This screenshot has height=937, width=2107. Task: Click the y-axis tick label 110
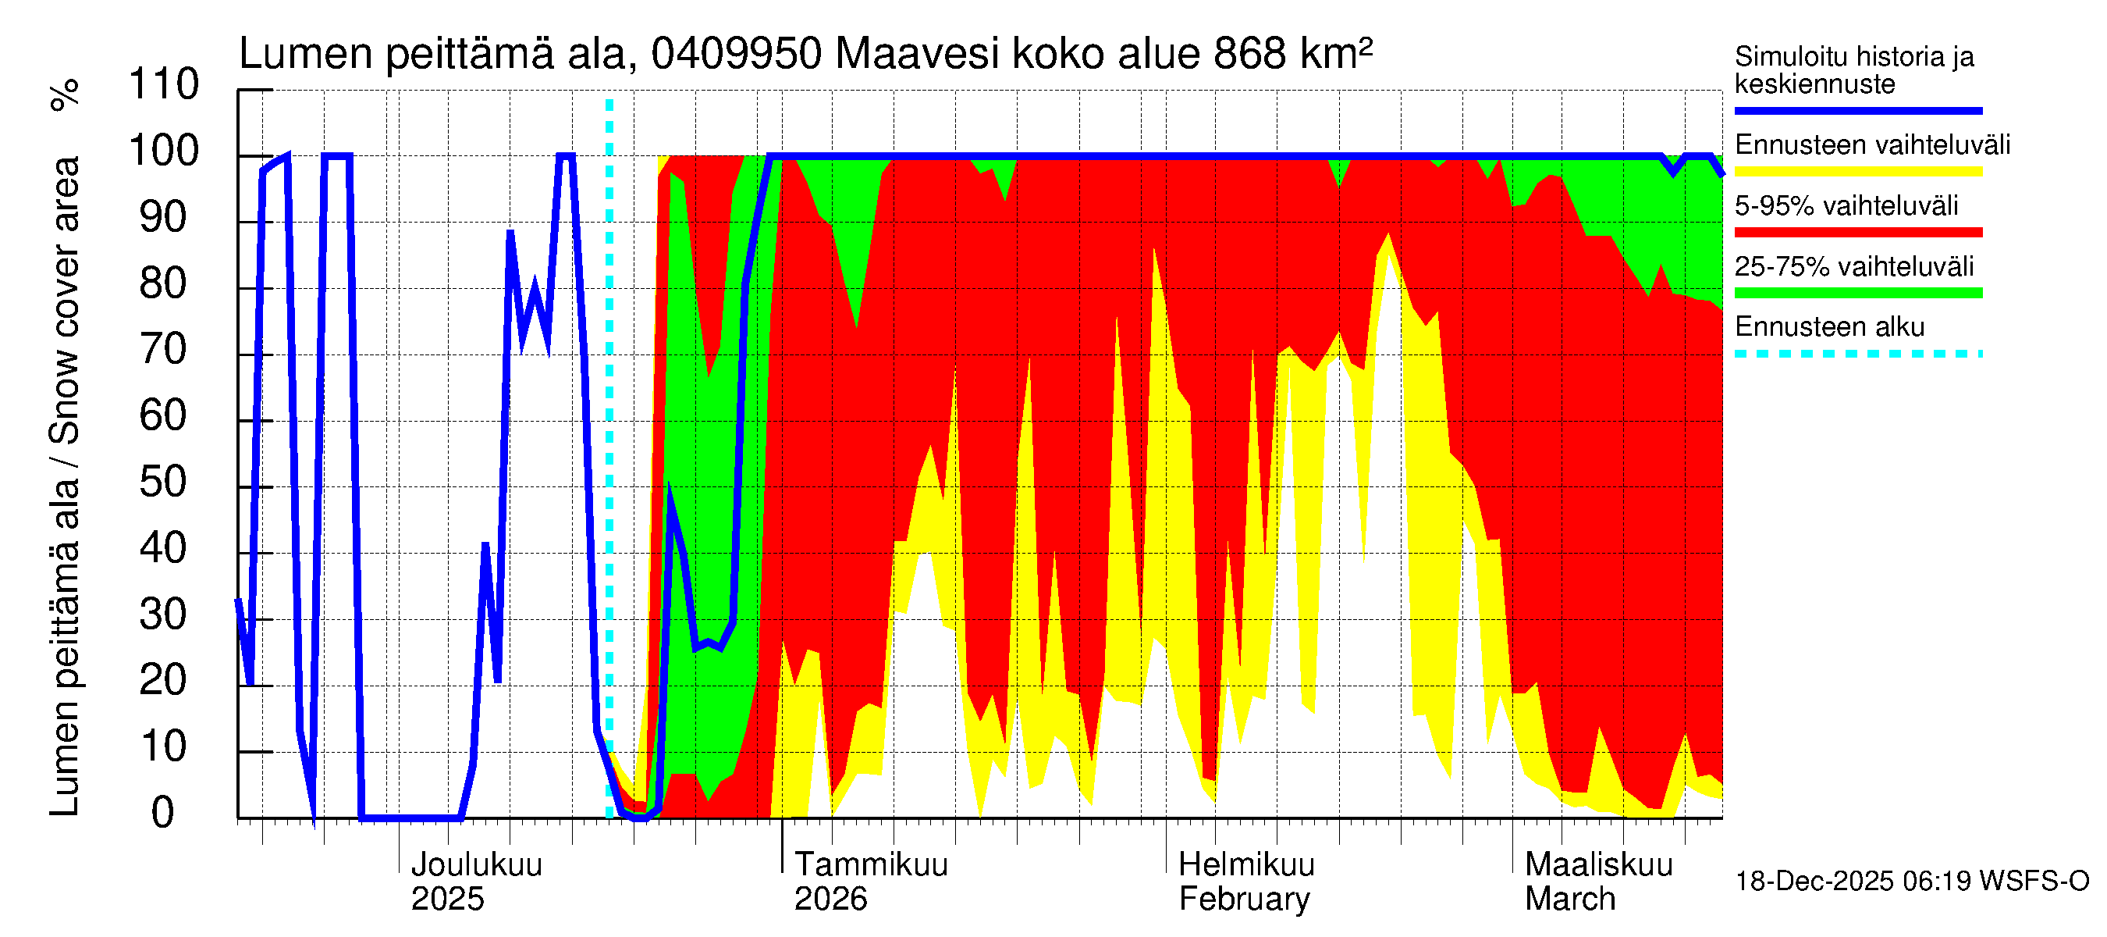pyautogui.click(x=164, y=85)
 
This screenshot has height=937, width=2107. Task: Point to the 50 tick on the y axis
pyautogui.click(x=164, y=483)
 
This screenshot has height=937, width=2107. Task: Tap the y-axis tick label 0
pyautogui.click(x=163, y=814)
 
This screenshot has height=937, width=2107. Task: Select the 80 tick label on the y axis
pyautogui.click(x=164, y=284)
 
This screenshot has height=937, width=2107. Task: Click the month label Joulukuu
pyautogui.click(x=476, y=865)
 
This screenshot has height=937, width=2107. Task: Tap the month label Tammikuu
pyautogui.click(x=871, y=865)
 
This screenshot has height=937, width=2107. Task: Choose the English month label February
pyautogui.click(x=1244, y=900)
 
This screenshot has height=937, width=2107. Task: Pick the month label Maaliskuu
pyautogui.click(x=1598, y=865)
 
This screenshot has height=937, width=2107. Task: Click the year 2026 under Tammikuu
pyautogui.click(x=830, y=900)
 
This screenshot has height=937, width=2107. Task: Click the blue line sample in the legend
pyautogui.click(x=1857, y=110)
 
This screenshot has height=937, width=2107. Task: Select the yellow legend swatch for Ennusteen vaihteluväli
pyautogui.click(x=1857, y=172)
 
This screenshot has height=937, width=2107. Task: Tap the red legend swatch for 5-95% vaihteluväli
pyautogui.click(x=1857, y=233)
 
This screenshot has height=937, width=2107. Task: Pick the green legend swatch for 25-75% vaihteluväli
pyautogui.click(x=1857, y=293)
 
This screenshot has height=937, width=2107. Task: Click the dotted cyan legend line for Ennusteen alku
pyautogui.click(x=1857, y=354)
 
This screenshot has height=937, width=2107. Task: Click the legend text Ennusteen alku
pyautogui.click(x=1829, y=327)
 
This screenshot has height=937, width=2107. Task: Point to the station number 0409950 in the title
pyautogui.click(x=736, y=54)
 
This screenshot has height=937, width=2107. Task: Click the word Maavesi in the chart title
pyautogui.click(x=917, y=54)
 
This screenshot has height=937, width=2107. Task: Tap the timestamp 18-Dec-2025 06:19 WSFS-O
pyautogui.click(x=1911, y=882)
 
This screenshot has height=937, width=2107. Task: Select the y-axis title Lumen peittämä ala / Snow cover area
pyautogui.click(x=66, y=487)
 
